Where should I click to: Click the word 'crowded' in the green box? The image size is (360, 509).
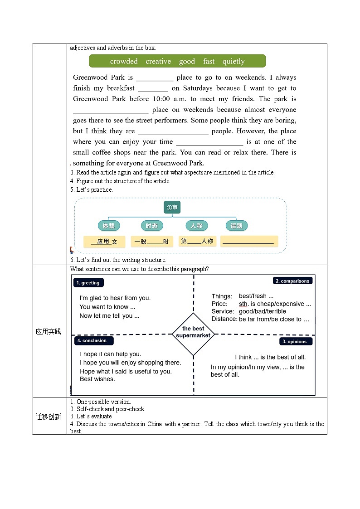tap(124, 61)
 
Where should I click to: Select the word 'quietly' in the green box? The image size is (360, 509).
tap(234, 61)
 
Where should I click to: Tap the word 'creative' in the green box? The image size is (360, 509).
tap(158, 61)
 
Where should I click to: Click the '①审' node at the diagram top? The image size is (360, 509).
tap(172, 208)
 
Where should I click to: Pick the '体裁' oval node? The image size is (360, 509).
tap(109, 226)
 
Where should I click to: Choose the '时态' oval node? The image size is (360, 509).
tap(151, 226)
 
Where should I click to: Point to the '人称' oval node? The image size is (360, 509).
tap(196, 226)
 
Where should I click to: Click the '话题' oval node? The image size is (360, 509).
tap(236, 226)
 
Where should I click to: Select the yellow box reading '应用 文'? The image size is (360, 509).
tap(104, 242)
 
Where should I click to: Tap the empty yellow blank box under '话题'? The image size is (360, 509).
tap(249, 242)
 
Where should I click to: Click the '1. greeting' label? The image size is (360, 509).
tap(88, 283)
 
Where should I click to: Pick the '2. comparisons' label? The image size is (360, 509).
tap(292, 281)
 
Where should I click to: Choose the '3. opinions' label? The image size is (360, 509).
tap(295, 341)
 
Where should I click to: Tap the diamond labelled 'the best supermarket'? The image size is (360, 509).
tap(193, 332)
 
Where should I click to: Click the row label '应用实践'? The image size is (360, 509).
tap(49, 332)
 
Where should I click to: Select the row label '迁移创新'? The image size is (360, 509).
tap(49, 417)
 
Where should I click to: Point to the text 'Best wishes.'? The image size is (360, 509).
tap(97, 379)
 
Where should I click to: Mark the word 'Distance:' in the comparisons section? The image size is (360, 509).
tap(224, 319)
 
